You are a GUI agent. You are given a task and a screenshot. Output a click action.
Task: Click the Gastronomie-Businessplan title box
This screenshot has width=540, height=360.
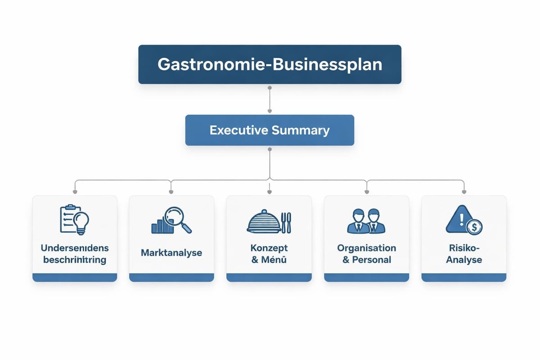[270, 64]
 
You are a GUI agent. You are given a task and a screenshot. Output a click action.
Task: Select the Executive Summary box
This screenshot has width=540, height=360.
[270, 130]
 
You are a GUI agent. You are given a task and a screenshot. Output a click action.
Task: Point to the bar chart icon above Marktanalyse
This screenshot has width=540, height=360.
[162, 226]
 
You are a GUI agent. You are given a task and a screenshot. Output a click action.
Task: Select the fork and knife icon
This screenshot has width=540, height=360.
[286, 222]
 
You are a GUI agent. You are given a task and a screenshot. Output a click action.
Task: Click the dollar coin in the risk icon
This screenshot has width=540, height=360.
[474, 226]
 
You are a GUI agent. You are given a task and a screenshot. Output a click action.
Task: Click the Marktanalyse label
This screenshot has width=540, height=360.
[171, 253]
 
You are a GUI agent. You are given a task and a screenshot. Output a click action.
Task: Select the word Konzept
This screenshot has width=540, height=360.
[269, 248]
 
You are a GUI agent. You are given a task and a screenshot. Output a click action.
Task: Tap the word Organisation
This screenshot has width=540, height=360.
[366, 248]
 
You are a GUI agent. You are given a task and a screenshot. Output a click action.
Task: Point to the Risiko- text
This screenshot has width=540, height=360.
[464, 248]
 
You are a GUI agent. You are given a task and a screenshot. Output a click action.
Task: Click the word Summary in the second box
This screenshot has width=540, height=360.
[301, 130]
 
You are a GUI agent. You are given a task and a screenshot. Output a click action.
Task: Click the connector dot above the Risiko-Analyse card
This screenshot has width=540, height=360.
[464, 192]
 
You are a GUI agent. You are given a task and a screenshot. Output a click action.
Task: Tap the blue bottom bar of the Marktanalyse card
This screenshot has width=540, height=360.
[171, 277]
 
